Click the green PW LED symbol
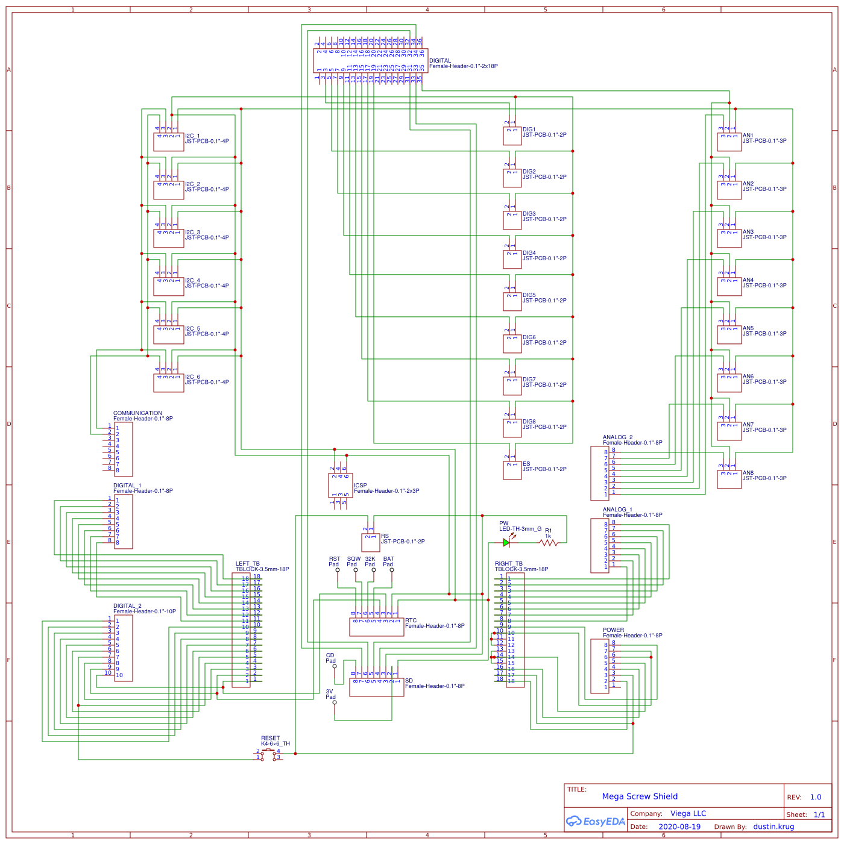coord(506,542)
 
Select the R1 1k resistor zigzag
coord(549,543)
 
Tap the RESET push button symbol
coord(269,754)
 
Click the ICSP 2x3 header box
coord(340,485)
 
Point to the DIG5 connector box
coord(512,301)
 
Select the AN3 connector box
coord(729,238)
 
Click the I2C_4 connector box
coord(168,286)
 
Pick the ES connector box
coord(512,470)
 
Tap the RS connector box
coord(370,542)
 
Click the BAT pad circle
coord(392,570)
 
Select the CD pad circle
coord(335,666)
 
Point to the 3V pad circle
coord(335,702)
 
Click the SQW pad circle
coord(356,570)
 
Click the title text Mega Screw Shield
coord(640,796)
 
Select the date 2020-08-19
coord(679,827)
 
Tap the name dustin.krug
coord(773,827)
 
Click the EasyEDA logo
coord(595,821)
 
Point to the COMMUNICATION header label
coord(137,413)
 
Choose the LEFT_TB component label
coord(248,564)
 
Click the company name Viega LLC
coord(688,813)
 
